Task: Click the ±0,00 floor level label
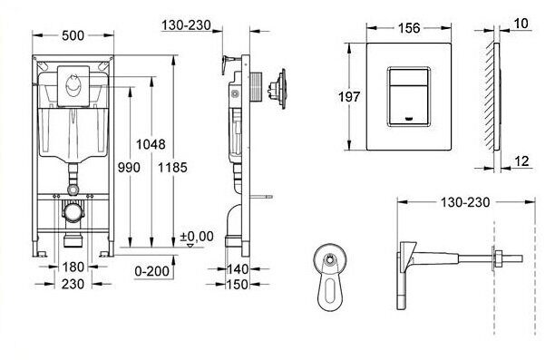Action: pos(197,237)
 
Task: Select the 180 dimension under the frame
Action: pos(74,266)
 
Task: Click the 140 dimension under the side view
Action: pos(238,269)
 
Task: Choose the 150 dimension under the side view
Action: pos(238,284)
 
